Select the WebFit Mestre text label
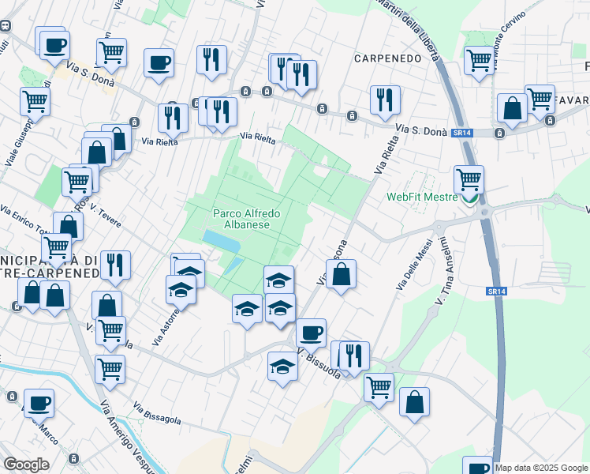click(421, 197)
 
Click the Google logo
click(26, 465)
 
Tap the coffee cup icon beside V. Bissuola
click(311, 333)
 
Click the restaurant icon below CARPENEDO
click(385, 100)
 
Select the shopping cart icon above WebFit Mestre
click(469, 179)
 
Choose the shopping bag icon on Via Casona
click(341, 275)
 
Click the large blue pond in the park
click(216, 238)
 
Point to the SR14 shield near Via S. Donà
click(462, 133)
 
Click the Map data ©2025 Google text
click(542, 468)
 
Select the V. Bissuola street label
click(319, 362)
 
